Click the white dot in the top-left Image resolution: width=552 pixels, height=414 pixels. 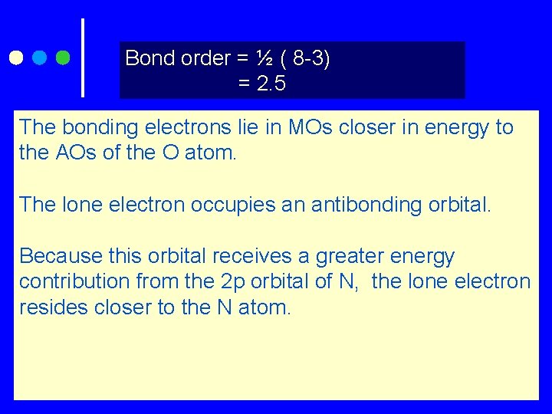[15, 58]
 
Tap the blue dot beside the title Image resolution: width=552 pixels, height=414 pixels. [39, 58]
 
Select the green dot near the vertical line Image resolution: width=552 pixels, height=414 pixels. [63, 58]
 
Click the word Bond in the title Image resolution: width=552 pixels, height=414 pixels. [145, 58]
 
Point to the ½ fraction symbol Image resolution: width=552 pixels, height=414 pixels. [264, 58]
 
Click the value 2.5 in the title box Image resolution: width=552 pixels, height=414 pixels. [271, 84]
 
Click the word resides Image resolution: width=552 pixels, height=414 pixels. [51, 307]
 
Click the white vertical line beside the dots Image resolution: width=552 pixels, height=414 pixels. [82, 58]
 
